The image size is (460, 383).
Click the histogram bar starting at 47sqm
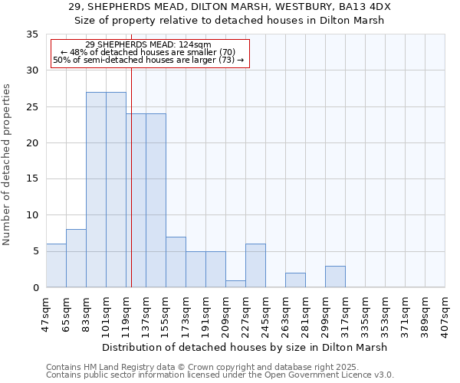(x=56, y=266)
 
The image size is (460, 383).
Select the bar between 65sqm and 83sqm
(x=76, y=258)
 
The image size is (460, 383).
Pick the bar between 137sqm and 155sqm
(x=156, y=201)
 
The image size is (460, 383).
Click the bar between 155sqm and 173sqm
(x=176, y=262)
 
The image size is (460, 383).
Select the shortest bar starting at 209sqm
(x=235, y=284)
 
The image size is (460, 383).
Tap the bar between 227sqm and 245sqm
(x=255, y=266)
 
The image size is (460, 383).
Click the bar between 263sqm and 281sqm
(x=295, y=280)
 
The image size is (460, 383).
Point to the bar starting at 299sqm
(x=335, y=277)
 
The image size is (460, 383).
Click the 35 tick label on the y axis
(x=32, y=34)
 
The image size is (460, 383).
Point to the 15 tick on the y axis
(x=32, y=179)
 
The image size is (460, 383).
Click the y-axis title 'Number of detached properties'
(x=8, y=165)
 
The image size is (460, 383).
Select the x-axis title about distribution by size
(x=245, y=347)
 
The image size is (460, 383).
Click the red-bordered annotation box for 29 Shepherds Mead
(x=149, y=53)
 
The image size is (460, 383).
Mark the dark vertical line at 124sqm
(x=131, y=191)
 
